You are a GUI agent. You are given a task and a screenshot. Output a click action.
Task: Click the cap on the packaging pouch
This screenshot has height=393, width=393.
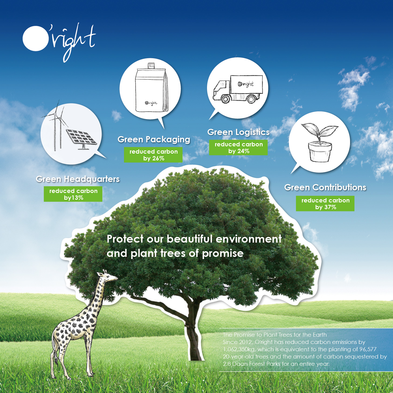pyautogui.click(x=151, y=65)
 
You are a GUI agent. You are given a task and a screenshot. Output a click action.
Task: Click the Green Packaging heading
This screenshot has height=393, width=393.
pyautogui.click(x=154, y=140)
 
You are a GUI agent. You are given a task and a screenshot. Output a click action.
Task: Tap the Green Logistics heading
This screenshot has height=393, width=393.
pyautogui.click(x=238, y=132)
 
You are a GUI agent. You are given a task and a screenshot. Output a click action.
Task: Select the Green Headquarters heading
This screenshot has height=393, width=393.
pyautogui.click(x=78, y=179)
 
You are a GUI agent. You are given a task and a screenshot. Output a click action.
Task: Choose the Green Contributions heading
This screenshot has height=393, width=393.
pyautogui.click(x=325, y=187)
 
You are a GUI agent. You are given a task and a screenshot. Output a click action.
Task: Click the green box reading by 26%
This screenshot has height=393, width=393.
pyautogui.click(x=153, y=155)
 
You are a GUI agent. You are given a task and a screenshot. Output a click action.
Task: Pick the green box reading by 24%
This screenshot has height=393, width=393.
pyautogui.click(x=238, y=148)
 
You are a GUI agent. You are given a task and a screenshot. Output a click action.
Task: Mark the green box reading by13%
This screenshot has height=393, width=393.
pyautogui.click(x=73, y=194)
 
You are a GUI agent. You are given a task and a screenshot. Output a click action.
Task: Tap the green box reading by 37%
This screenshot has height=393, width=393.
pyautogui.click(x=325, y=204)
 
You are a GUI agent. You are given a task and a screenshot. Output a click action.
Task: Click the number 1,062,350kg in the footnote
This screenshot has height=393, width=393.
pyautogui.click(x=239, y=349)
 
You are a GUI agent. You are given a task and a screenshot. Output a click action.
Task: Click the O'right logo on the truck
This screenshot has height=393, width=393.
pyautogui.click(x=246, y=84)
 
